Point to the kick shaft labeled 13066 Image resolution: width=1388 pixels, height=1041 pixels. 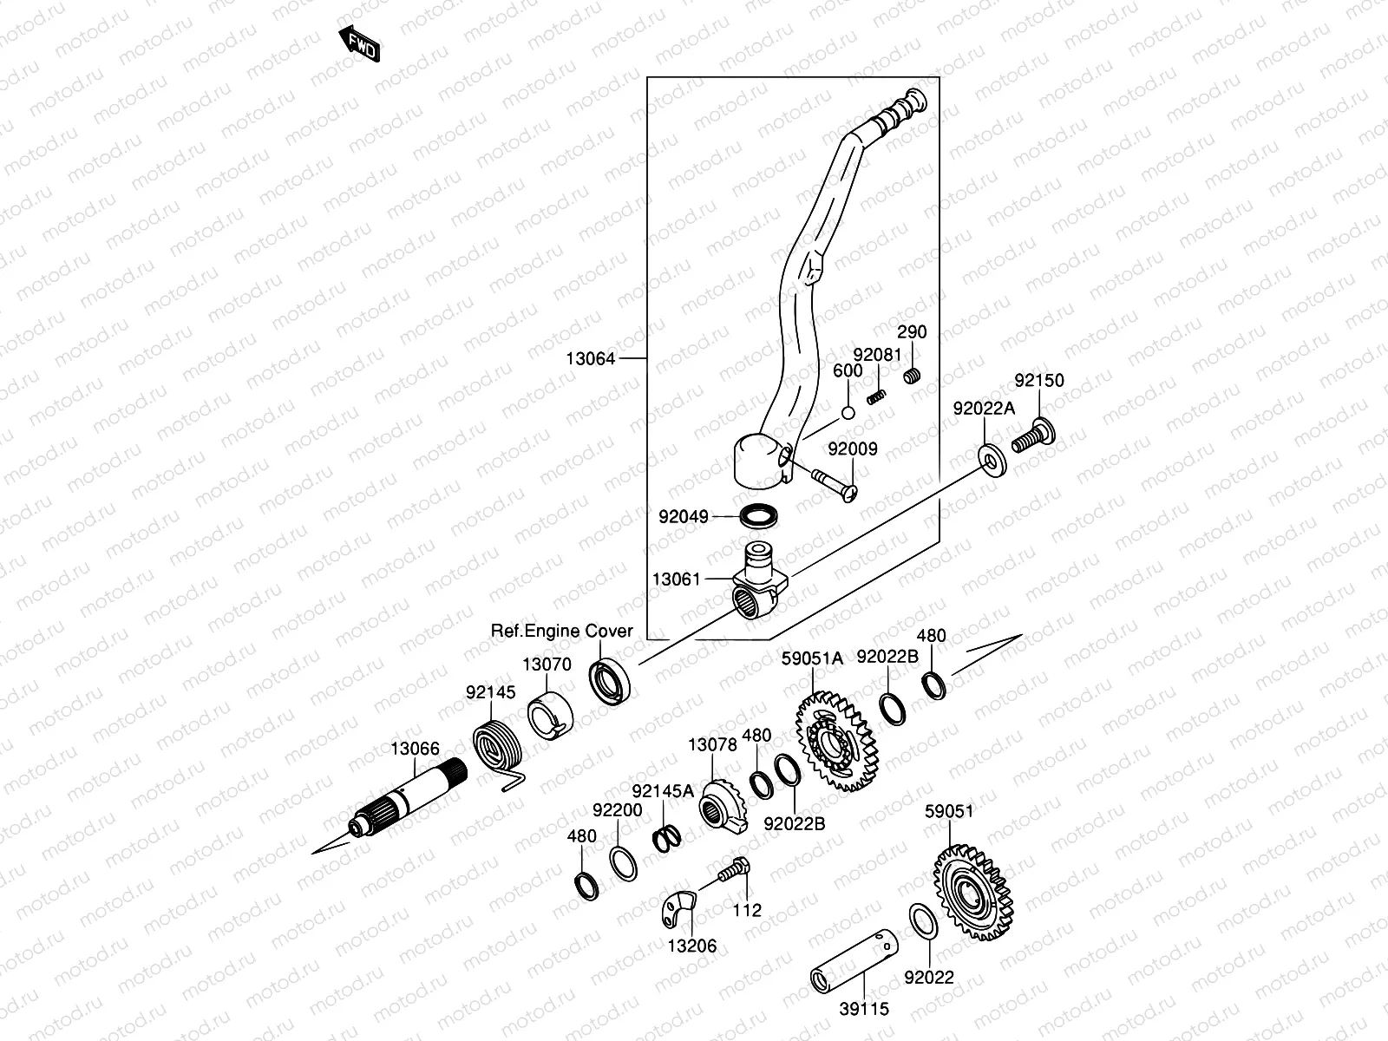point(408,802)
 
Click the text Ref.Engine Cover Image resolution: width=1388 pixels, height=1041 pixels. point(562,631)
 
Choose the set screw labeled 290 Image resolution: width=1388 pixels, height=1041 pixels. point(912,376)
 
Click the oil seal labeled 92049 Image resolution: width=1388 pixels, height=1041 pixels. point(759,516)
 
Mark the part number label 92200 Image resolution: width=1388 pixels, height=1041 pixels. point(618,811)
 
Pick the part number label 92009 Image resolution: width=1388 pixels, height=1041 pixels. point(852,449)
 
